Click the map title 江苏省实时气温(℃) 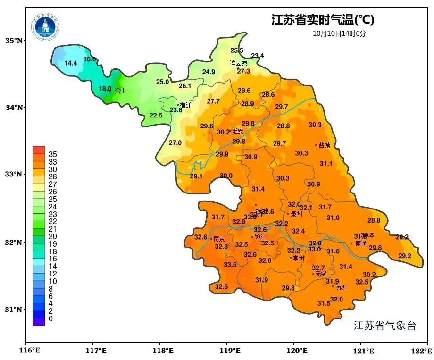(x=323, y=20)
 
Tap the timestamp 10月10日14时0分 (x=339, y=33)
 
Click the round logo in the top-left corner (x=46, y=27)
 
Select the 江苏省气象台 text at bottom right (x=385, y=326)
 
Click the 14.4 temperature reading (x=71, y=63)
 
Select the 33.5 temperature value (x=230, y=265)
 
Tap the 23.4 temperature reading (x=258, y=56)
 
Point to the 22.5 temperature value (x=156, y=115)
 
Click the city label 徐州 (x=120, y=91)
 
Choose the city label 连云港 (x=238, y=63)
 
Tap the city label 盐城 (x=325, y=145)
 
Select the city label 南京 (x=219, y=239)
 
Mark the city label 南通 (x=361, y=243)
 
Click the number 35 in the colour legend (x=53, y=154)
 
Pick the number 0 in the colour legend (x=50, y=319)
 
